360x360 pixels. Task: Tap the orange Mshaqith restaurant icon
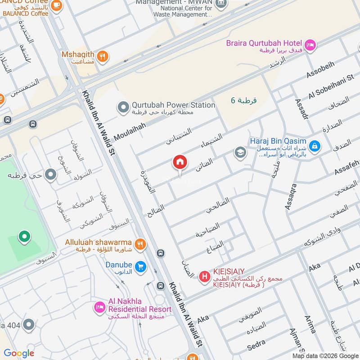click(x=103, y=56)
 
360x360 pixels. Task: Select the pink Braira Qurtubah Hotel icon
click(x=310, y=45)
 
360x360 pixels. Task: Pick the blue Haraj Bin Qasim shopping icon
click(x=315, y=145)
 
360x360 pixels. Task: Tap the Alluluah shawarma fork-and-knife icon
click(x=141, y=244)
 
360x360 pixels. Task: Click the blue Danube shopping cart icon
click(x=141, y=267)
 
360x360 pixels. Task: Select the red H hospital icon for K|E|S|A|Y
click(x=204, y=276)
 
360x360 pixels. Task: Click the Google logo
click(x=19, y=353)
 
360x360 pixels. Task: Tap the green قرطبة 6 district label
click(x=243, y=100)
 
